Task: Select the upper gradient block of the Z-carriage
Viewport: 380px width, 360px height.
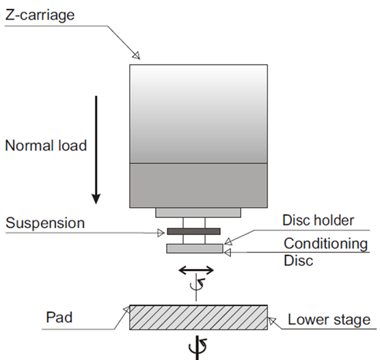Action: click(198, 113)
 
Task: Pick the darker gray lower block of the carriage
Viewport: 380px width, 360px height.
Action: click(198, 184)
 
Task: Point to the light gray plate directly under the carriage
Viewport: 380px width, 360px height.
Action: click(198, 212)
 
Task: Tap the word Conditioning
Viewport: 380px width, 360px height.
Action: click(325, 243)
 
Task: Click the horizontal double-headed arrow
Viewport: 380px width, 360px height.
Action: click(196, 270)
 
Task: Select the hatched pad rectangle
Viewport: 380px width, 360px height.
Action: click(198, 318)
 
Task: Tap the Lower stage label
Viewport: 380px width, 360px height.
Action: click(329, 320)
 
